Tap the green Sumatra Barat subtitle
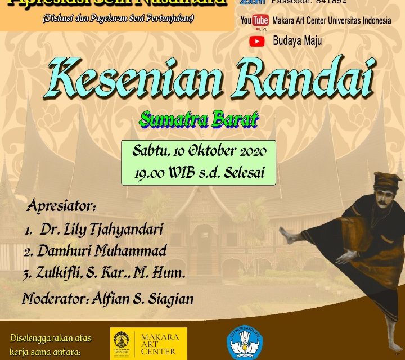[199, 119]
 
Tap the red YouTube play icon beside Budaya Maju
[257, 41]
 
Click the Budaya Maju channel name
[298, 41]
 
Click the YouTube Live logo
[254, 21]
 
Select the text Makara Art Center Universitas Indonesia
[331, 21]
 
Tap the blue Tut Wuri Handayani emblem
[245, 343]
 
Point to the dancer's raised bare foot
[287, 235]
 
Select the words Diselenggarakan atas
[51, 339]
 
